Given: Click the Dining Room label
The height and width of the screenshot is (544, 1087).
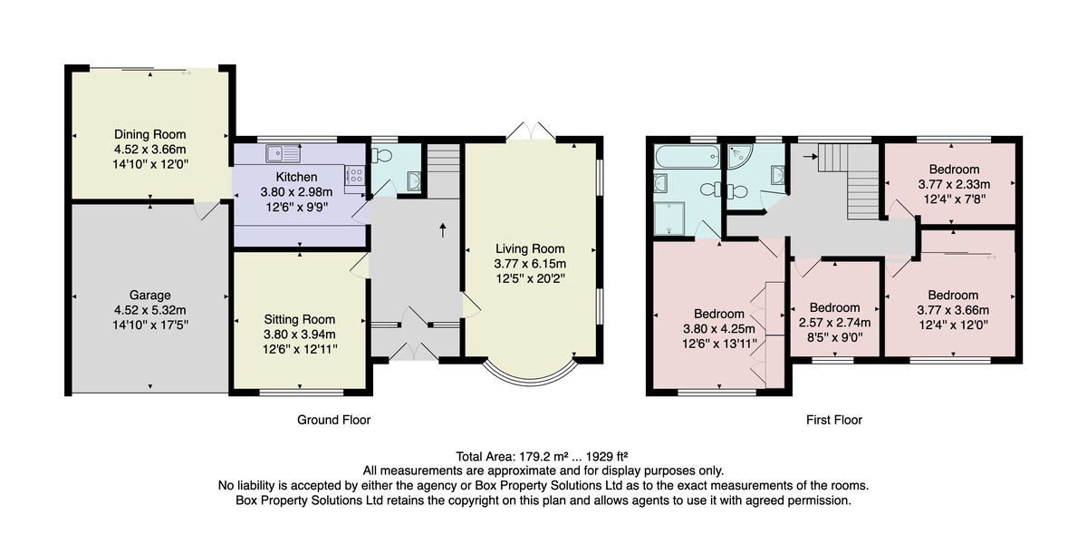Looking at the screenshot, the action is click(x=150, y=134).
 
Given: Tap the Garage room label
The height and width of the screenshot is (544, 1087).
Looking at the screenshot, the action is click(x=150, y=296).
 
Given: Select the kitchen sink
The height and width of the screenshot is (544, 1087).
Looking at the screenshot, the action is click(x=283, y=153).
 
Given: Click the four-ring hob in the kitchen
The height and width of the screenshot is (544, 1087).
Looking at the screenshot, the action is click(x=355, y=175).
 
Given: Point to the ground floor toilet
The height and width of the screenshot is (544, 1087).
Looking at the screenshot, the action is click(x=382, y=155).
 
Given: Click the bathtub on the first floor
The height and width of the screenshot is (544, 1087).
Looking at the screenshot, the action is click(x=687, y=156).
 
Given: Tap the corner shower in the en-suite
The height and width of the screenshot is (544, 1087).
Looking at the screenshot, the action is click(x=739, y=156).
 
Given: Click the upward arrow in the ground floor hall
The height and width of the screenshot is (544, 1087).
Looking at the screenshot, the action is click(x=443, y=230).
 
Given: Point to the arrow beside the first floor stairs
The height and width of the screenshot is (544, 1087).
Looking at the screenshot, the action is click(x=811, y=156).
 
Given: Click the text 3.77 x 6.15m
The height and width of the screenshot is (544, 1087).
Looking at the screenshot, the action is click(x=530, y=264).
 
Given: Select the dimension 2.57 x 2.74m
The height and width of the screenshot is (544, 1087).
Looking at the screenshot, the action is click(x=834, y=323).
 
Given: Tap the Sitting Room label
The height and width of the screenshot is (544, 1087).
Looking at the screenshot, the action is click(x=300, y=319).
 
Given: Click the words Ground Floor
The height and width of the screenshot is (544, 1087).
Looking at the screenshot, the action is click(x=334, y=420).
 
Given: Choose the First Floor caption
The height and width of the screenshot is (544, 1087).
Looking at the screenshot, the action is click(x=834, y=420).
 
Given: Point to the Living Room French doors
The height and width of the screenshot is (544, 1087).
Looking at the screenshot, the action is click(x=531, y=131).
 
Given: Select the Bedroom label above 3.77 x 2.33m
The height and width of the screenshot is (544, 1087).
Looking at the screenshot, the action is click(x=954, y=170).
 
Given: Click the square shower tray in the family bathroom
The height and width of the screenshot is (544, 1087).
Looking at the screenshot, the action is click(x=669, y=219).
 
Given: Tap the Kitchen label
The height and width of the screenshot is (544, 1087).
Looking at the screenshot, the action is click(x=296, y=177).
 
